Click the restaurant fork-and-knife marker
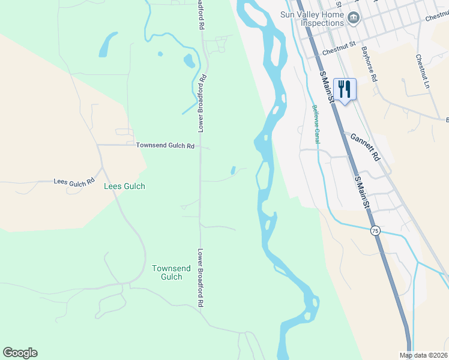tap(345, 90)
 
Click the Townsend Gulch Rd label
tap(165, 146)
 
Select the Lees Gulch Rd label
tap(74, 181)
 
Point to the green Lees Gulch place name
tap(124, 187)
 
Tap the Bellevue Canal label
tap(316, 124)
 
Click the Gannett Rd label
tap(366, 147)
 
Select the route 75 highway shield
tap(375, 231)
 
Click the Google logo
tap(20, 353)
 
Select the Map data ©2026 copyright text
tap(424, 355)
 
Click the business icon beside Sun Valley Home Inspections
tap(354, 19)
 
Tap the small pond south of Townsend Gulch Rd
tap(234, 171)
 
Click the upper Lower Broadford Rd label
tap(203, 103)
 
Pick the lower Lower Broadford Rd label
tap(202, 278)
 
